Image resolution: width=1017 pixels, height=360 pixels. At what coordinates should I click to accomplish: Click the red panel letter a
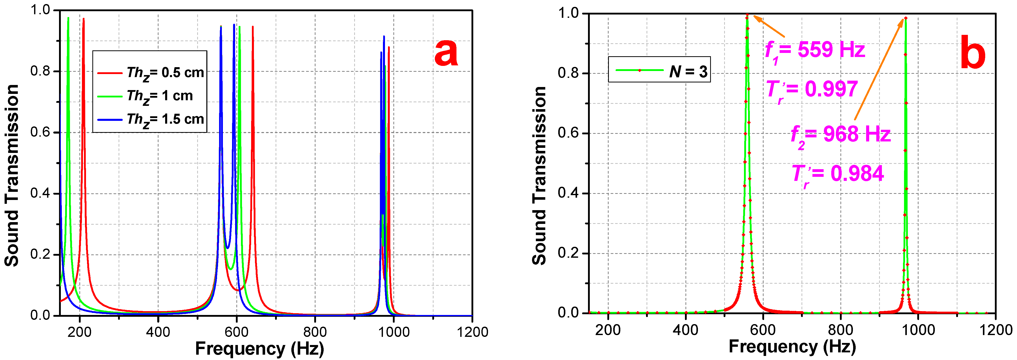446,53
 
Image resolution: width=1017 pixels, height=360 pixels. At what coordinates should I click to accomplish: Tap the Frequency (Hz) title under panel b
792,347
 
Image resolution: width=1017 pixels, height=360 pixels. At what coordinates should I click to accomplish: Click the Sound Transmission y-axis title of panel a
12,175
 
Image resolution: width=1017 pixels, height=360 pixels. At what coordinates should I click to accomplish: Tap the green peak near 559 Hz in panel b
747,16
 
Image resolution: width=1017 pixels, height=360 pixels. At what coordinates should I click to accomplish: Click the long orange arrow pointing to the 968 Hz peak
879,69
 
